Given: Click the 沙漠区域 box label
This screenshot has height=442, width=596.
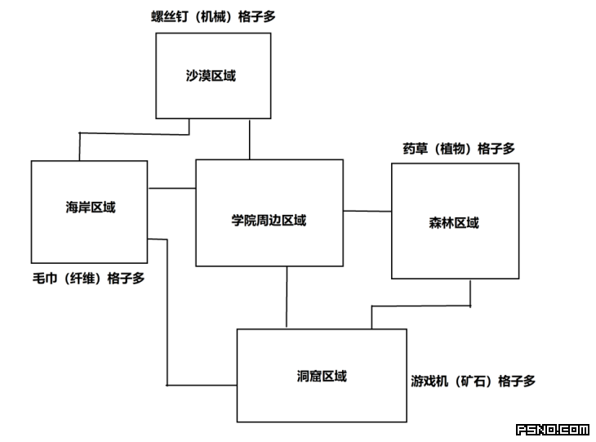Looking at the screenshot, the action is click(211, 76).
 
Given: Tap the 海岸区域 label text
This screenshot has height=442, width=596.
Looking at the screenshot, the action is click(91, 208).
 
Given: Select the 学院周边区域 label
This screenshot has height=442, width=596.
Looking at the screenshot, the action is click(269, 221).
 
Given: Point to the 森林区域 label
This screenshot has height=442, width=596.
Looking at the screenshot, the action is click(454, 222).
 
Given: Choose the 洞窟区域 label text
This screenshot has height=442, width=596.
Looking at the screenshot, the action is click(322, 376).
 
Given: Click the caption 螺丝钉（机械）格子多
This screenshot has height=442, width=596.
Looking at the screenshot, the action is click(213, 16).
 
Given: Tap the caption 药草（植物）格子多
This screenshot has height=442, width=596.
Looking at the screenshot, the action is click(459, 149).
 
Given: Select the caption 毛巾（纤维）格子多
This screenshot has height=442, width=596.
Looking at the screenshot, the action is click(88, 279).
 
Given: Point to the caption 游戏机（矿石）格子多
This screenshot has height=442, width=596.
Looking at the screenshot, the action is click(474, 381).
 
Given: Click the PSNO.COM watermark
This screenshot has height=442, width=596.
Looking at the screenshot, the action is click(553, 430).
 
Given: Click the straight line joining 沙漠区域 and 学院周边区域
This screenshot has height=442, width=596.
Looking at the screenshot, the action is click(249, 139).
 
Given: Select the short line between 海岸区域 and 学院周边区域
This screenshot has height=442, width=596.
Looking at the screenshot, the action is click(171, 188).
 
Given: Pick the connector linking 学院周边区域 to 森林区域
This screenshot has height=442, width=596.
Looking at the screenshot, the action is click(367, 211).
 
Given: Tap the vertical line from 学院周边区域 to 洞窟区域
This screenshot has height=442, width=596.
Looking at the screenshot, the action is click(287, 297).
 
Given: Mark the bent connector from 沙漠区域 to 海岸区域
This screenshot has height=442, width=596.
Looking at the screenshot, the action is click(134, 133).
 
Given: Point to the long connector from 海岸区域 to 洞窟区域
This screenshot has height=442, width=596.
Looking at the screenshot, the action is click(167, 312).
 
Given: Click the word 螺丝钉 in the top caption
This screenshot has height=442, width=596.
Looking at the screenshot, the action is click(170, 16).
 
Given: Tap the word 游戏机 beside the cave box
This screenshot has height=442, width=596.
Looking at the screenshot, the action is click(429, 381).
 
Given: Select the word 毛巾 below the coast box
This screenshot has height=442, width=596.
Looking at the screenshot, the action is click(45, 279).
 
